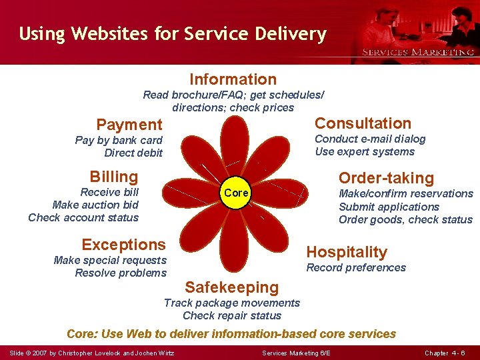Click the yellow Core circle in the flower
point(236,193)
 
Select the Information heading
point(233,80)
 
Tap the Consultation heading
point(363,123)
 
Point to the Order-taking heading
point(386,178)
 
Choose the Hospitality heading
point(346,252)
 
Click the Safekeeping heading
point(231,287)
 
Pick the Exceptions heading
point(123,245)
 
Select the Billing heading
point(114,177)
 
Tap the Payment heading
point(129,125)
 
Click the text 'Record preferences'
point(355,268)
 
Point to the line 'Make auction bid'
point(95,205)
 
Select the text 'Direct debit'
point(133,153)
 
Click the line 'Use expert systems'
point(365,152)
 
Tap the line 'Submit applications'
point(389,207)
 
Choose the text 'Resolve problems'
point(121,273)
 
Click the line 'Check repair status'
point(232,316)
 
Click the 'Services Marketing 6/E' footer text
point(296,352)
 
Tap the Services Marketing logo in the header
point(417,51)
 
